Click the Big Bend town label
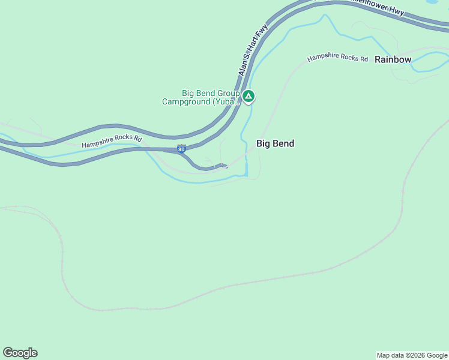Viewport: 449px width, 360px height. point(275,144)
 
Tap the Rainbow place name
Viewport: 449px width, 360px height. point(393,59)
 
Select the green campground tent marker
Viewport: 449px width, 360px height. point(249,96)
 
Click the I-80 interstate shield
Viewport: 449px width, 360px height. point(181,148)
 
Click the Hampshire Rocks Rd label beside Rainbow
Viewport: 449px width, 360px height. point(337,58)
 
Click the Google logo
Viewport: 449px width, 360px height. point(20,353)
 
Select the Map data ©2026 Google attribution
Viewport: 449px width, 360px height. point(412,355)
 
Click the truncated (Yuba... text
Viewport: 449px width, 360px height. point(227,102)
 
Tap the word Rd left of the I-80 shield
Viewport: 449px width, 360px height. point(137,139)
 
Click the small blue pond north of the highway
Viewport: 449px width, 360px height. point(432,2)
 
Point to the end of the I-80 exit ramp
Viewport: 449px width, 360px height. point(226,166)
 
